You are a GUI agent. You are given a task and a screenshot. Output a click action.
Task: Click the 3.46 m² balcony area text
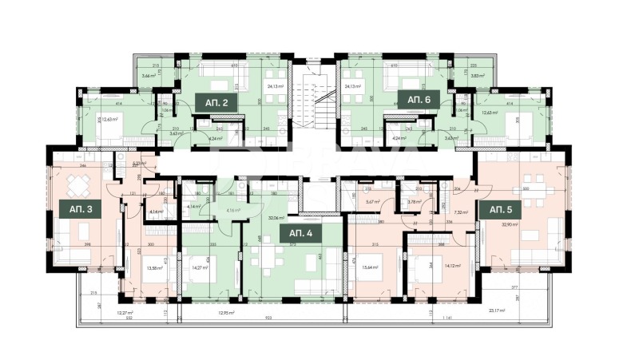click(x=148, y=74)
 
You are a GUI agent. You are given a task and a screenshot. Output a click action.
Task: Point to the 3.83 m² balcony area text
click(x=478, y=74)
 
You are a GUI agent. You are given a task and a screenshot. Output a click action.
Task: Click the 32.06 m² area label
click(x=277, y=216)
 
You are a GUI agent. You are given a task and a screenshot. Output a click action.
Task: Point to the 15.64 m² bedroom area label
click(x=370, y=269)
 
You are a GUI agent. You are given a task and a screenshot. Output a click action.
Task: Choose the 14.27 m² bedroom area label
click(x=199, y=268)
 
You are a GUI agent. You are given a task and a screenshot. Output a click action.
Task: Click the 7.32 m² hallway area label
click(x=460, y=213)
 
